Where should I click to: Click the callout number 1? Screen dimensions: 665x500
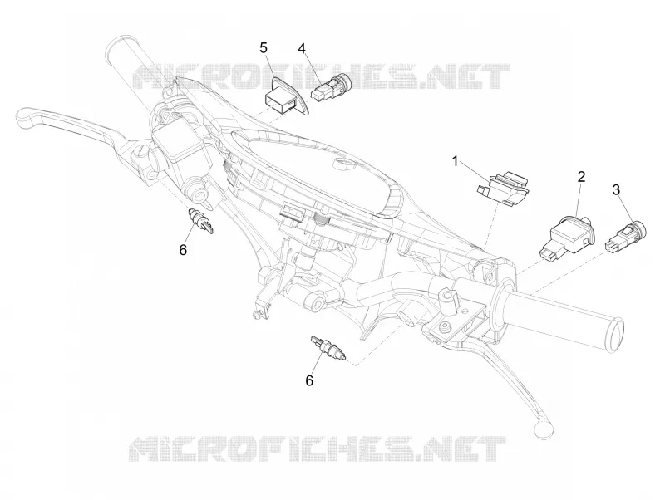(x=456, y=161)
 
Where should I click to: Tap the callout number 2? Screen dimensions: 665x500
(x=581, y=177)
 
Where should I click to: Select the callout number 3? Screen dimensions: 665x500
(x=616, y=190)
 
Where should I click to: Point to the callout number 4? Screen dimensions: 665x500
(x=302, y=49)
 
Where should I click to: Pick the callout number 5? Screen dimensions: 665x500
(x=264, y=48)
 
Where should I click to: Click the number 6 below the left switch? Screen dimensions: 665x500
(x=183, y=250)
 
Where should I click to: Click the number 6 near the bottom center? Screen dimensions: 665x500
(x=309, y=380)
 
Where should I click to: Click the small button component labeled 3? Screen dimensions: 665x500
(x=628, y=238)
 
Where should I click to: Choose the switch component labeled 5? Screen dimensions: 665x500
(x=287, y=96)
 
